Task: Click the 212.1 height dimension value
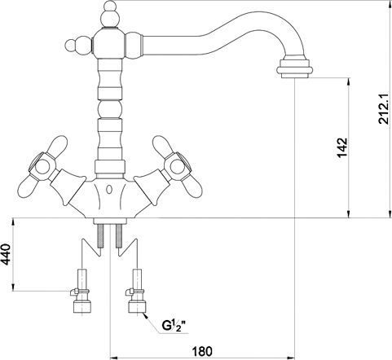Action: click(x=384, y=109)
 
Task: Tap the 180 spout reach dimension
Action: click(x=202, y=351)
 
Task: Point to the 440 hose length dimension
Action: click(x=6, y=254)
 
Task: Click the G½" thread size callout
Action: click(x=174, y=325)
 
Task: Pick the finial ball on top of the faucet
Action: click(x=110, y=15)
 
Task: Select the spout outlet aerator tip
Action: click(x=295, y=67)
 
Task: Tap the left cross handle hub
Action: click(x=42, y=166)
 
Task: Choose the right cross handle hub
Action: click(x=177, y=166)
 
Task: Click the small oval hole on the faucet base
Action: click(x=109, y=189)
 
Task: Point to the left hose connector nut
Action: click(x=82, y=306)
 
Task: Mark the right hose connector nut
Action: click(x=137, y=306)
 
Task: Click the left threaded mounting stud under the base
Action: click(x=101, y=236)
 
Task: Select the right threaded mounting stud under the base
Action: click(x=118, y=236)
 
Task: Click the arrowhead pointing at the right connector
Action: click(x=146, y=316)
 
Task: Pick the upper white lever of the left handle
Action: click(x=58, y=145)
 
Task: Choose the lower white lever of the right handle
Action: click(x=192, y=188)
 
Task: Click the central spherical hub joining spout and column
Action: click(x=110, y=43)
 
